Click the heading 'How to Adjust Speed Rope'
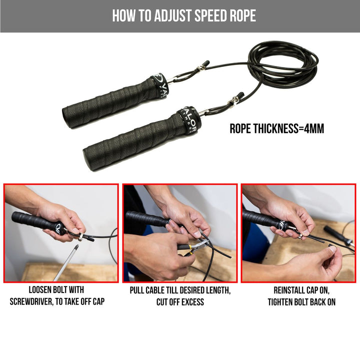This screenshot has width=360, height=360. click(x=183, y=16)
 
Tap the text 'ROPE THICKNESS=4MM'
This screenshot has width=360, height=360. click(x=276, y=128)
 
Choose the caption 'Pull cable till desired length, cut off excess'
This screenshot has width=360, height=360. click(x=180, y=295)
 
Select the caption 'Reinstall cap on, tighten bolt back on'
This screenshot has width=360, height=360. click(x=301, y=295)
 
